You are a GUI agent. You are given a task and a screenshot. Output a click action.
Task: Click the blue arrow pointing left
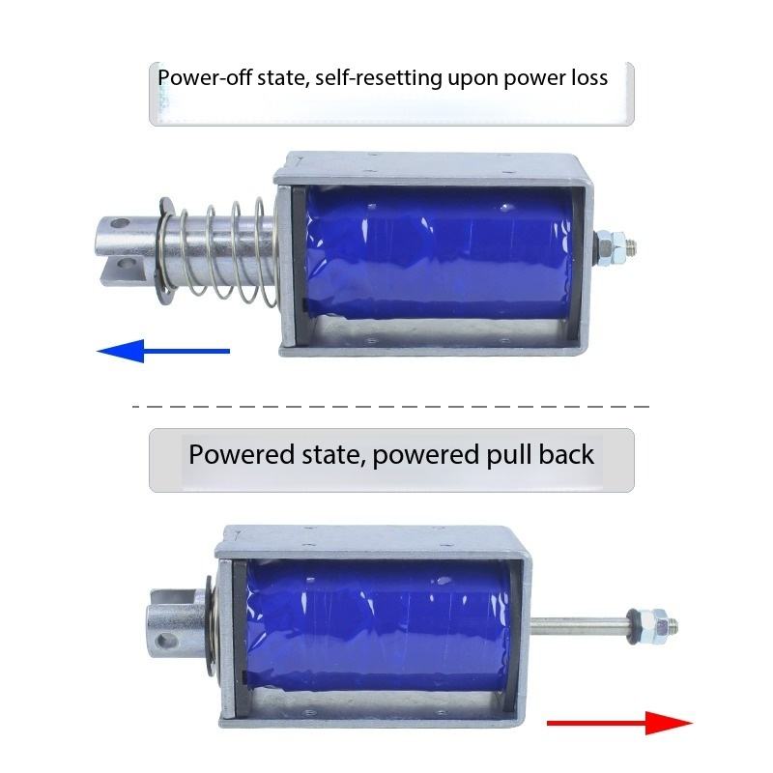pyautogui.click(x=163, y=351)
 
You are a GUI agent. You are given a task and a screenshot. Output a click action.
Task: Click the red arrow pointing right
pyautogui.click(x=619, y=723)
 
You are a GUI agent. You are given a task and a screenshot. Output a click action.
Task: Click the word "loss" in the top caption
pyautogui.click(x=589, y=77)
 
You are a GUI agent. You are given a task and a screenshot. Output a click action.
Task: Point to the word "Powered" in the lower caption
pyautogui.click(x=242, y=454)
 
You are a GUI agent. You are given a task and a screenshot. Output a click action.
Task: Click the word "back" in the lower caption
pyautogui.click(x=566, y=454)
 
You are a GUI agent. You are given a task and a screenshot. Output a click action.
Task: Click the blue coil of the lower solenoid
pyautogui.click(x=377, y=626)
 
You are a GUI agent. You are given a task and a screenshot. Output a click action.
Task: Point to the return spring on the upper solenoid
pyautogui.click(x=216, y=251)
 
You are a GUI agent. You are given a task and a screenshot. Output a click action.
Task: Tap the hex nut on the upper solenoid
pyautogui.click(x=612, y=245)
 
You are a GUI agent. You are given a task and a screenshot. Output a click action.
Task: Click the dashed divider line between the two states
pyautogui.click(x=391, y=407)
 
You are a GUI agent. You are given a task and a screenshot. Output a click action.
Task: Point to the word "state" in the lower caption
pyautogui.click(x=333, y=455)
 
